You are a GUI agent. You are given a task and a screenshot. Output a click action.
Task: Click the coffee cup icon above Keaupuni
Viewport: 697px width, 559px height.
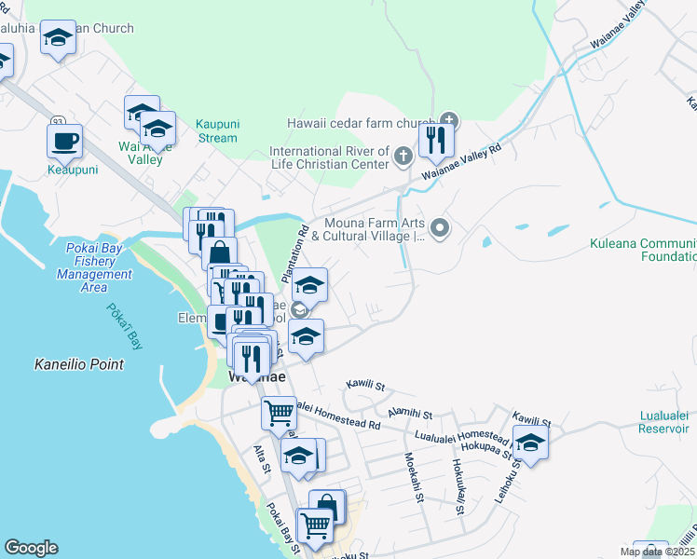(64, 142)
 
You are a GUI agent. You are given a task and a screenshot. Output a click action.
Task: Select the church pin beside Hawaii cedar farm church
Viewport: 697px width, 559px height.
(449, 120)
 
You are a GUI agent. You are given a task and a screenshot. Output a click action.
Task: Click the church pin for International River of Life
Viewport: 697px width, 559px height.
(403, 156)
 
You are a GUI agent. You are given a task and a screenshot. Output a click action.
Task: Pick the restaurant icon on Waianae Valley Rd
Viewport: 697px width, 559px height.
(435, 141)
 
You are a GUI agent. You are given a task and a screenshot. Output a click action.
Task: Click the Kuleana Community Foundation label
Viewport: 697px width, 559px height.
(643, 250)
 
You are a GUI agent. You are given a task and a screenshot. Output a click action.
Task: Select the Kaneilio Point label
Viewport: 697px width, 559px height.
(78, 364)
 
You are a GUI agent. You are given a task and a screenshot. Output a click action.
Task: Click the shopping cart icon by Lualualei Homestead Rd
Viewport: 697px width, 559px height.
(279, 412)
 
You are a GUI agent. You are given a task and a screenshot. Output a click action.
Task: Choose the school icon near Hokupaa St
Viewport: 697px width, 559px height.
(529, 442)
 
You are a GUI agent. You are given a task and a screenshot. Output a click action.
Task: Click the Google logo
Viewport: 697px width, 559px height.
(31, 548)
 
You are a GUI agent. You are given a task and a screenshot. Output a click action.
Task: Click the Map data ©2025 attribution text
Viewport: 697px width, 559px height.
(657, 552)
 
